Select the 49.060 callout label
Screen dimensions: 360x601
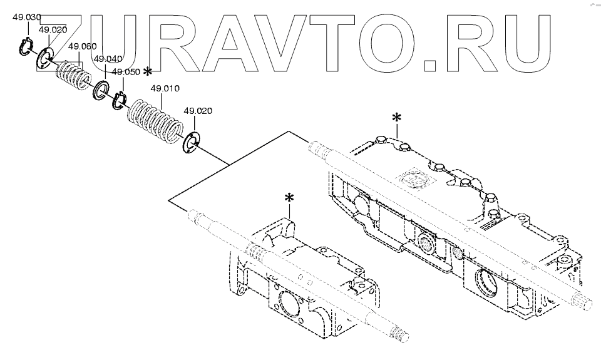[x=82, y=46]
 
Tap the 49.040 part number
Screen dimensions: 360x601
[x=108, y=58]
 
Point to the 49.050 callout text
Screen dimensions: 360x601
[x=125, y=72]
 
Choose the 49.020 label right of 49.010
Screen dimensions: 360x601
[x=198, y=111]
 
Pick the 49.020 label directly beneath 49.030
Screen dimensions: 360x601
[x=53, y=29]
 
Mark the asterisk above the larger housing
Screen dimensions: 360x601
[x=396, y=118]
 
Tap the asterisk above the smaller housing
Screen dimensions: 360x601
[x=289, y=198]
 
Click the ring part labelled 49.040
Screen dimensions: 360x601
[x=100, y=91]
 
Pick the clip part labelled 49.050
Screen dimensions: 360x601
[x=119, y=99]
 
